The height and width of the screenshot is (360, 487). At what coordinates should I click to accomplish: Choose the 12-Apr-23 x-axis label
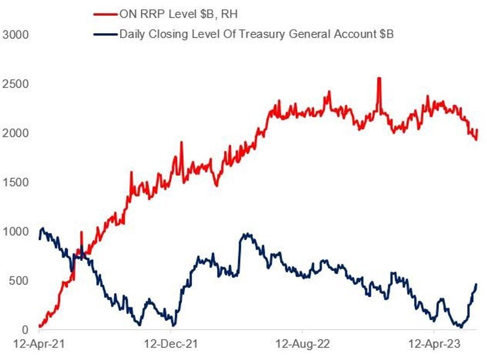(433, 343)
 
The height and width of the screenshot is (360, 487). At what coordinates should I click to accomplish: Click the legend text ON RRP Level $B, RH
(178, 14)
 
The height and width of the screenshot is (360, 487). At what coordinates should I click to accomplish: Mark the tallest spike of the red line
(379, 78)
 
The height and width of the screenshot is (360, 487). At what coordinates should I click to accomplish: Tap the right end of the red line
(477, 131)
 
